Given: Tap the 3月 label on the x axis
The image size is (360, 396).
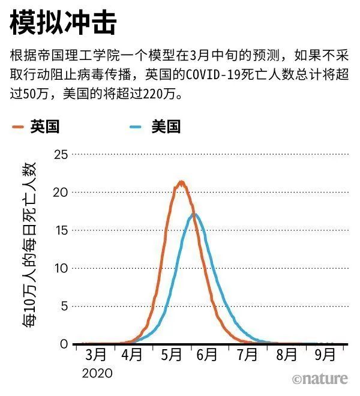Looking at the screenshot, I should click(x=96, y=355).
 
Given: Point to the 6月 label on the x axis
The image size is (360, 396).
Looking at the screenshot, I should click(x=207, y=355).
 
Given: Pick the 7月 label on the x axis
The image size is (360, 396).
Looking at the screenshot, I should click(x=247, y=355).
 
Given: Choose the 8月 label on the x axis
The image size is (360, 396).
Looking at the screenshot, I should click(x=286, y=355).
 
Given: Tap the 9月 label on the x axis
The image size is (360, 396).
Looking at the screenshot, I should click(x=325, y=355).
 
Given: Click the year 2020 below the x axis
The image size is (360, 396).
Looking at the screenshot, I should click(x=97, y=373).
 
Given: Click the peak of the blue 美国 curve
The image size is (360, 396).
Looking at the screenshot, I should click(x=194, y=214).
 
